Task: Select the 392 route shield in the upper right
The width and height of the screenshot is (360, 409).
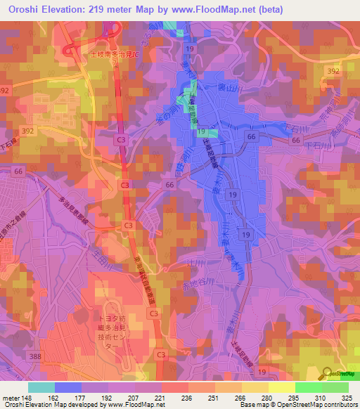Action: coord(333,72)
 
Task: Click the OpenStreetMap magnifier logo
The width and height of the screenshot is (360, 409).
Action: coord(328,374)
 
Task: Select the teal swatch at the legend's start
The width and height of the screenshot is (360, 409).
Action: coord(41,387)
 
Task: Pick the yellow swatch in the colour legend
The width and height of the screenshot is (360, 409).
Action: coord(282,387)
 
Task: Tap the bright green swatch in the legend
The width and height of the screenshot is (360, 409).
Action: coord(309,387)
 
